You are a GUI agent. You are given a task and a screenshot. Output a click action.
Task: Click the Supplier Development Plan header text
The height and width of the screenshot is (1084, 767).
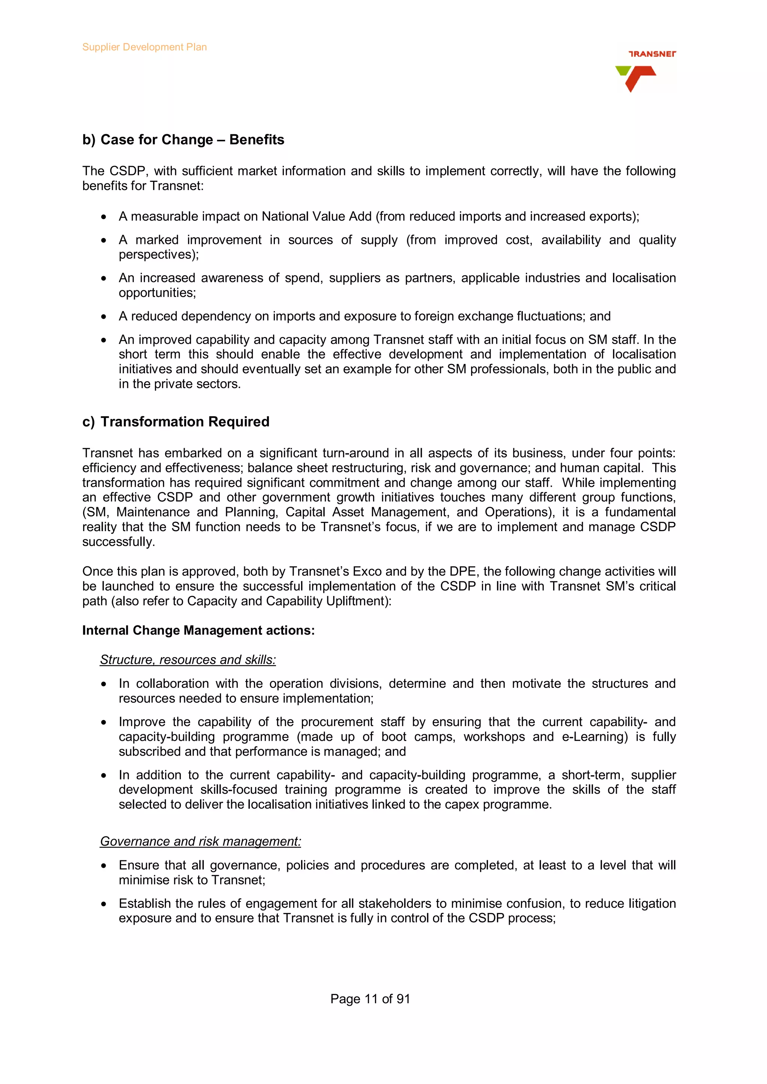[144, 47]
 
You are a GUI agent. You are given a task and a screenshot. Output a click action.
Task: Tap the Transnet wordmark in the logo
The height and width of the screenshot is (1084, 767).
[652, 54]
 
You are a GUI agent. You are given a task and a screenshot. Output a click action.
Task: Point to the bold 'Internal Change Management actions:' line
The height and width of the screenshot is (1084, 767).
[198, 630]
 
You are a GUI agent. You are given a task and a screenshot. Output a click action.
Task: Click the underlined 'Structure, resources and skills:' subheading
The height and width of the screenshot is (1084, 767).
[188, 659]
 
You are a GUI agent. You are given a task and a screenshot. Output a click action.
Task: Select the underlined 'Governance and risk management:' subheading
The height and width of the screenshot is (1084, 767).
[200, 841]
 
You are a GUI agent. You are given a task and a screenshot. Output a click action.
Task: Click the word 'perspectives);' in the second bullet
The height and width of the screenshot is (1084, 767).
[159, 254]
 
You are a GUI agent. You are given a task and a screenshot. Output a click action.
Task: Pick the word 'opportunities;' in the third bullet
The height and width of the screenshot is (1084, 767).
[157, 293]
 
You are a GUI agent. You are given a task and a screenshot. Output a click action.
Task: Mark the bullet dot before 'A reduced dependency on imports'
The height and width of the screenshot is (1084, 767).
[103, 316]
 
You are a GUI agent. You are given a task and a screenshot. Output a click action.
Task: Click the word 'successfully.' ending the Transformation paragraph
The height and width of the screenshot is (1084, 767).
[119, 542]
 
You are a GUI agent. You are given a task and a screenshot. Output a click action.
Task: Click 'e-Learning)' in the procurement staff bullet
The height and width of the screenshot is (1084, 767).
[594, 737]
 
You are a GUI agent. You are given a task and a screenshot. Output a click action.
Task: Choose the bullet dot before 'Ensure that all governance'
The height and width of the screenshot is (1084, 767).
[103, 866]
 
